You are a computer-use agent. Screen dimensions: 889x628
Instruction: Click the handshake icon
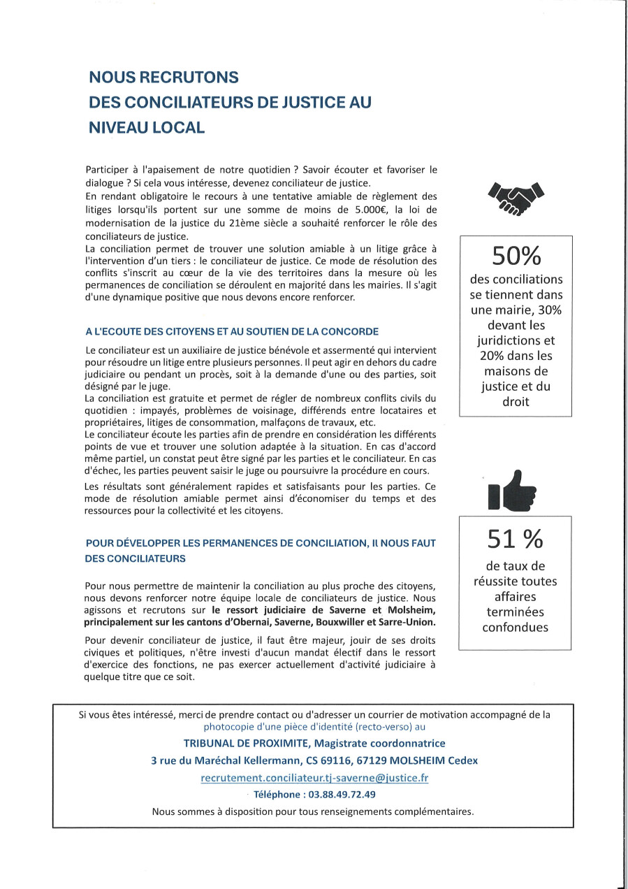[516, 198]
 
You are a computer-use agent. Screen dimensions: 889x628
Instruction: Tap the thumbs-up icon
[515, 489]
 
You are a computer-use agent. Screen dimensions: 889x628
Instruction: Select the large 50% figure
[516, 256]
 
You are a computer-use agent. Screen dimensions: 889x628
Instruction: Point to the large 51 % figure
[515, 538]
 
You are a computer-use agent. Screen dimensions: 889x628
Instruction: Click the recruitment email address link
[314, 778]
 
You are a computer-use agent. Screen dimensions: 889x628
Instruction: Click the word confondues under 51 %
[515, 627]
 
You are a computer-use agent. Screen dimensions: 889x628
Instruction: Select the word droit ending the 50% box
[516, 402]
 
